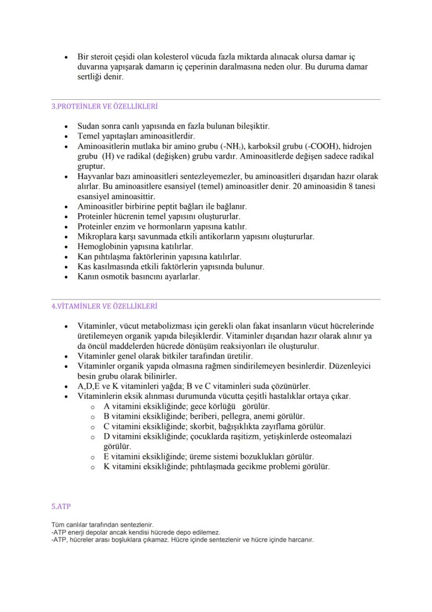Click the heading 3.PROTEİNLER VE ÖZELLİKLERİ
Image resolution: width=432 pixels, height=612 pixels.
coord(104,106)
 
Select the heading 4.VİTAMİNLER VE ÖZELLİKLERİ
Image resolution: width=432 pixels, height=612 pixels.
coord(104,306)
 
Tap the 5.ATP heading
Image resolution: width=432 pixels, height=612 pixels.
coord(61,506)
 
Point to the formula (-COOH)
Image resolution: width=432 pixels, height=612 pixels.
coord(295,146)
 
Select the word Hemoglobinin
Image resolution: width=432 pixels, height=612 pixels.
coord(101,246)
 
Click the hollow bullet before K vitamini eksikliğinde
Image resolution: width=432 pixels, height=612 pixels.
coord(92,467)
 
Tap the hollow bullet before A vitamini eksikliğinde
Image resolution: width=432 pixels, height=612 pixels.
coord(92,407)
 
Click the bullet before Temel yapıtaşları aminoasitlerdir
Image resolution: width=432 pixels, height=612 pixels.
coord(66,136)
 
